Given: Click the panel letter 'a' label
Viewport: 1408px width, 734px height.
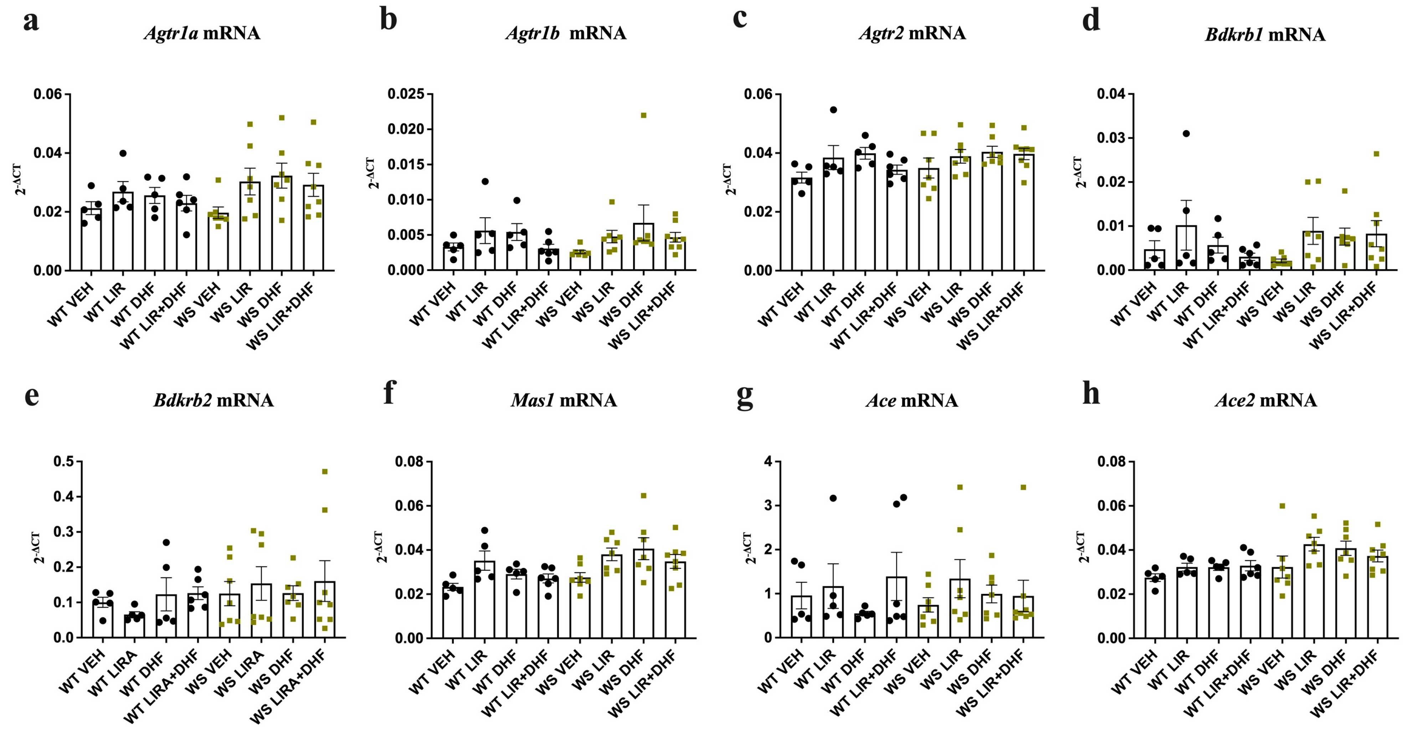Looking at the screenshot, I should (x=31, y=22).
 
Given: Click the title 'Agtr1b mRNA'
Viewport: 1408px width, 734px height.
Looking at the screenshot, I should (x=566, y=34).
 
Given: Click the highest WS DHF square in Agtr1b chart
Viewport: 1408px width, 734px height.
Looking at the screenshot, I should (x=643, y=115).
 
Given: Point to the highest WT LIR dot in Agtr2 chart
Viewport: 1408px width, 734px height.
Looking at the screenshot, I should (x=833, y=110).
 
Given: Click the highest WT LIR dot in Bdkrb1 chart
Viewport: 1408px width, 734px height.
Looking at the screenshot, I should (x=1186, y=133).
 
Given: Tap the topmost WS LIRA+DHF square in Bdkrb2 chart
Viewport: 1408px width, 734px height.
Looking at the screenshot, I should (x=325, y=471).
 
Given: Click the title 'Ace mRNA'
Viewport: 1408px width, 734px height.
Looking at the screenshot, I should (x=912, y=401).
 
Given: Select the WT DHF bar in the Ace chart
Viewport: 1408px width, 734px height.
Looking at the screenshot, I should (x=865, y=625).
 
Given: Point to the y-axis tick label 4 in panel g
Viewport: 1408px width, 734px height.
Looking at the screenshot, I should (x=768, y=462).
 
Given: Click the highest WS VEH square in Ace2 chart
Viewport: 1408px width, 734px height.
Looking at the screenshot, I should (x=1282, y=506).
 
